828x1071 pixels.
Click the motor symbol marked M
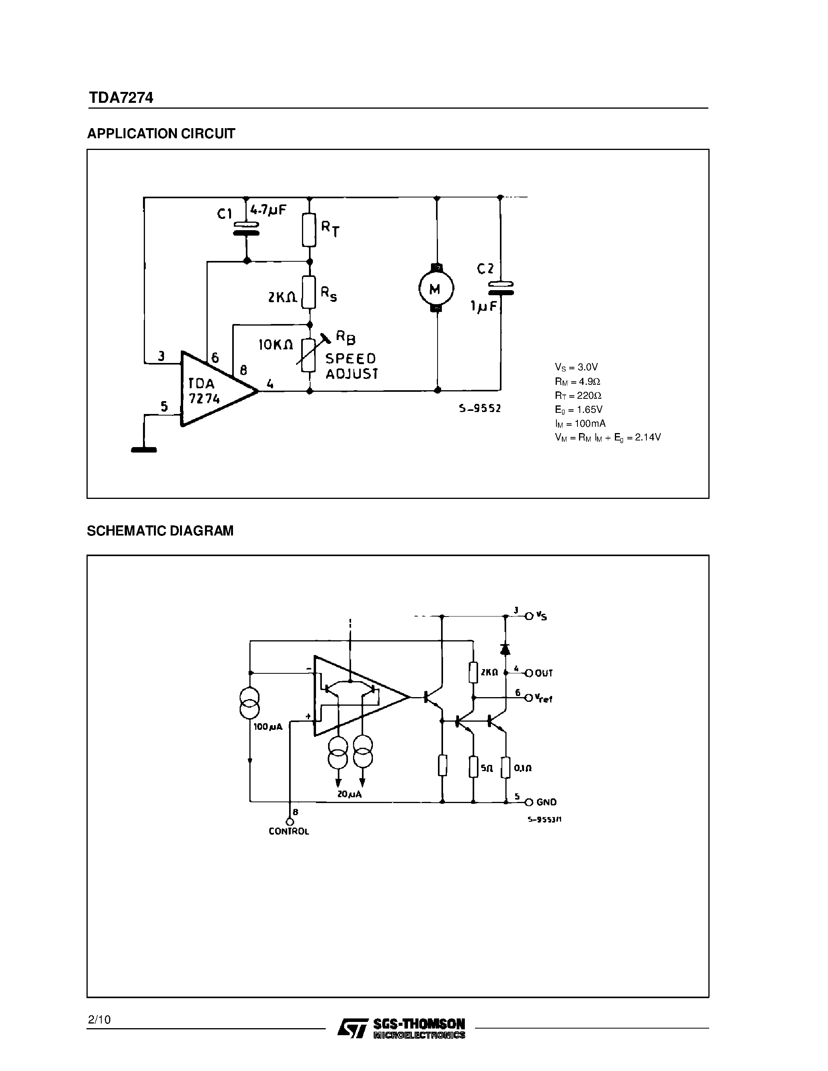436,289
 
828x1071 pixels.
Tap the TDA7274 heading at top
121,98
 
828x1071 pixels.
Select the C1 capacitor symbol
246,229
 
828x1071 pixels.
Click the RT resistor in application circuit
309,229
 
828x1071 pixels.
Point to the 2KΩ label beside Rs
282,297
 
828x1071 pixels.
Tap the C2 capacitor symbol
501,288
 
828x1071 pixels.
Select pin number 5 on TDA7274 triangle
164,406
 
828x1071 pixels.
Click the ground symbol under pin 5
144,449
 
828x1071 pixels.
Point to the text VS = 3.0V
576,367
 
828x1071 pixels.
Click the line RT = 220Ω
578,395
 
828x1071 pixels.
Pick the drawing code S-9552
480,409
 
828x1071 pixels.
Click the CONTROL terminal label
289,831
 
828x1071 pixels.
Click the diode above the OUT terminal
505,649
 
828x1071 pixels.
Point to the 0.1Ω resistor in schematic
506,768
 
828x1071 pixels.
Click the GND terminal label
546,802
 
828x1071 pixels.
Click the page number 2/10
99,1020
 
